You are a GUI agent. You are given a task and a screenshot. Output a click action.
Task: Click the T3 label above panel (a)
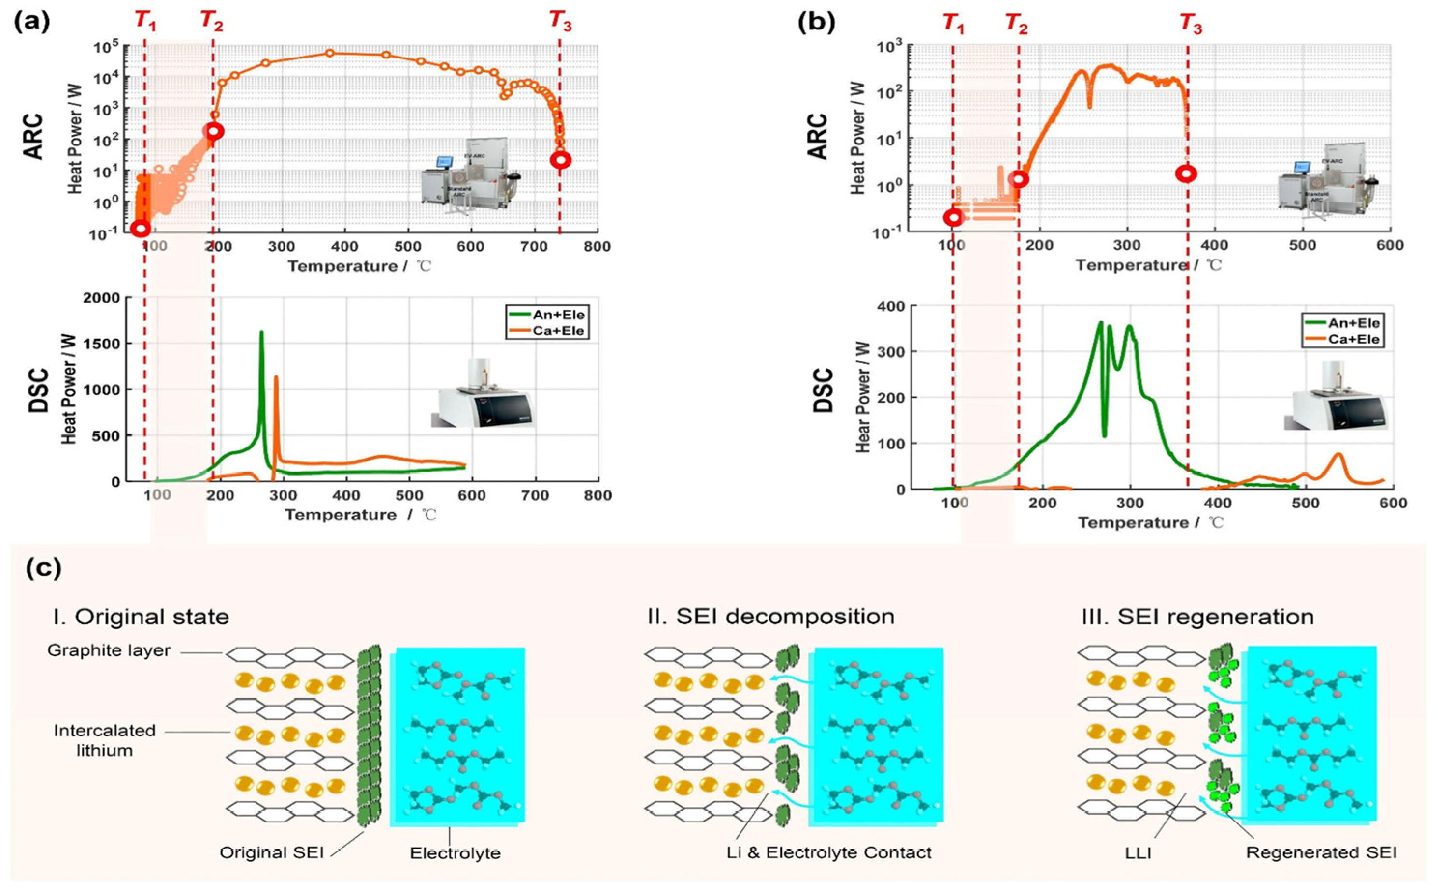tap(561, 22)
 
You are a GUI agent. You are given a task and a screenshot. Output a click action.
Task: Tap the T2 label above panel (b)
tap(1017, 24)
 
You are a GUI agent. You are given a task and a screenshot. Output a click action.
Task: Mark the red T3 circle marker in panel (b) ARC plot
tap(1186, 174)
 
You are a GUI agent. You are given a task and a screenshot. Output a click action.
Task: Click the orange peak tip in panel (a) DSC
tap(276, 376)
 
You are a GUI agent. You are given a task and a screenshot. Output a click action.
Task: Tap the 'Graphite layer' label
tap(109, 651)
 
